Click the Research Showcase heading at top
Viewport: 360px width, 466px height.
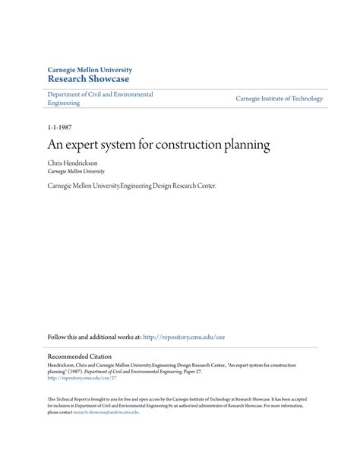(89, 78)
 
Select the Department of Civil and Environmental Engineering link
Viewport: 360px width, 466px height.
(99, 99)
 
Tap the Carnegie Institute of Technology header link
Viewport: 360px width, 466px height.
(279, 99)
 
